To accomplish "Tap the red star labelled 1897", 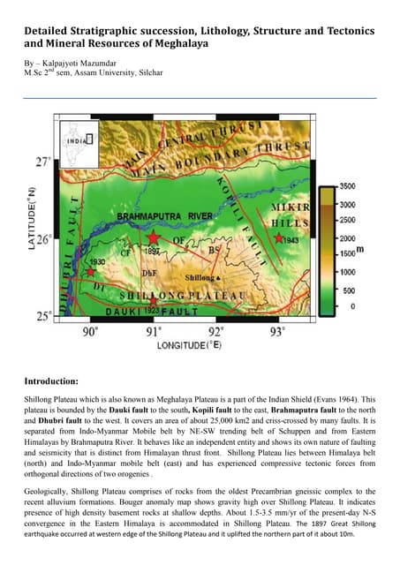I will pos(154,238).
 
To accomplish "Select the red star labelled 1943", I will pos(279,237).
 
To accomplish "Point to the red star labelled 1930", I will pos(91,271).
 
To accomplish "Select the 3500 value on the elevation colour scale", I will pos(348,186).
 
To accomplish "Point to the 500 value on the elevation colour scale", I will pos(348,290).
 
